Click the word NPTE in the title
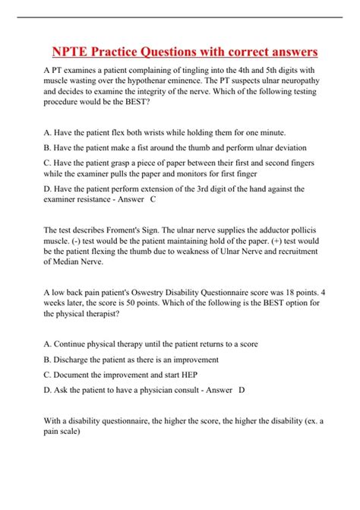point(72,52)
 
